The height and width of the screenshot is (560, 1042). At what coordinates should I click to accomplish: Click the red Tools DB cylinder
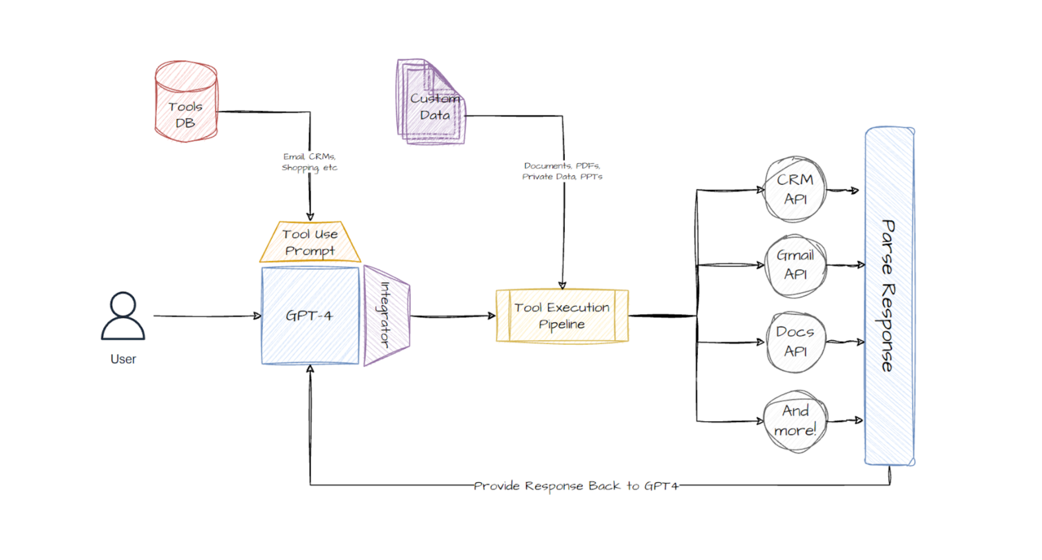(186, 102)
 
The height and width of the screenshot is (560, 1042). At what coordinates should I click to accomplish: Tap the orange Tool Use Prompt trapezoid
(310, 243)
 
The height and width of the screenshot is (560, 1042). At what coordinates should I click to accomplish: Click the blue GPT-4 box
(310, 316)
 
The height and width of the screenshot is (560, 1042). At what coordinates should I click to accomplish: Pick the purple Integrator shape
(387, 316)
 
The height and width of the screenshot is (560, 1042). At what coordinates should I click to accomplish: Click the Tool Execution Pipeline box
(562, 316)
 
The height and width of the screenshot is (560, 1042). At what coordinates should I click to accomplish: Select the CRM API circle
(795, 189)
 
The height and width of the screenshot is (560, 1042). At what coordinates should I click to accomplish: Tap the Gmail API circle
(795, 265)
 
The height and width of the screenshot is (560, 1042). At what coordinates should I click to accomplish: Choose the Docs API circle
(795, 341)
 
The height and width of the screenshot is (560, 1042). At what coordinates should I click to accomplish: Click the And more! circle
(795, 420)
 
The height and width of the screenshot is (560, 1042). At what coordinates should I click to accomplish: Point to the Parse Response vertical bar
(889, 296)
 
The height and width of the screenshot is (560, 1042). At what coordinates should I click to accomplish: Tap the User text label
(123, 359)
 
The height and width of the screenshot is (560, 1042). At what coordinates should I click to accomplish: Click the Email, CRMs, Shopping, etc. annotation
(309, 162)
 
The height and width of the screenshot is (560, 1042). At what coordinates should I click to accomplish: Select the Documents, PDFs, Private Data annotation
(562, 171)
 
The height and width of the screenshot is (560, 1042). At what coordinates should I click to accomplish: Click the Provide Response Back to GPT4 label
(576, 486)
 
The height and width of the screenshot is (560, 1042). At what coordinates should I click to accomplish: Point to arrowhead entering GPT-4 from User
(257, 316)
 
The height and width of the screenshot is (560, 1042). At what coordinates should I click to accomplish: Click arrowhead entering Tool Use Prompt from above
(310, 216)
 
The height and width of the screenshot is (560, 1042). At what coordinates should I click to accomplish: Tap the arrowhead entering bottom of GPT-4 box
(310, 369)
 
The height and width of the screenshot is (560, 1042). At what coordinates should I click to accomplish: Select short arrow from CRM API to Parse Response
(843, 190)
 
